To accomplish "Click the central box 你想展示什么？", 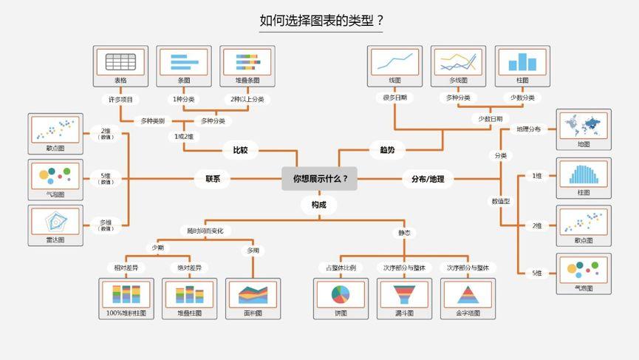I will click(x=319, y=178).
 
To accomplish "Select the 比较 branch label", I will click(x=240, y=150).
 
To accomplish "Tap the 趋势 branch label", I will click(x=387, y=150).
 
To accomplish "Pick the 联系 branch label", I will click(x=213, y=178).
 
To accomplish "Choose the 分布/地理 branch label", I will click(x=428, y=178).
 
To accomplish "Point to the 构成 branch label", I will click(x=318, y=204).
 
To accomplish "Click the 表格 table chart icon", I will click(x=120, y=61).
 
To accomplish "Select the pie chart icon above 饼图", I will click(x=341, y=294).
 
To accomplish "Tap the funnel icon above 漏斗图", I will click(x=404, y=294).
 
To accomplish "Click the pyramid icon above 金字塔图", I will click(x=468, y=294).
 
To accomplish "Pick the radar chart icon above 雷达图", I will click(x=55, y=222).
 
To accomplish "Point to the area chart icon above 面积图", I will click(x=253, y=294).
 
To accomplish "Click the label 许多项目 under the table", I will click(x=120, y=98).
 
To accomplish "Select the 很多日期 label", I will click(x=394, y=98).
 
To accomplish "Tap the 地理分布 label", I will click(x=529, y=129).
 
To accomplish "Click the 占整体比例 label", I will click(x=341, y=268).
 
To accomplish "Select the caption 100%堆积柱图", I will click(x=126, y=313).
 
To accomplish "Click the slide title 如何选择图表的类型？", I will click(x=321, y=21).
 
